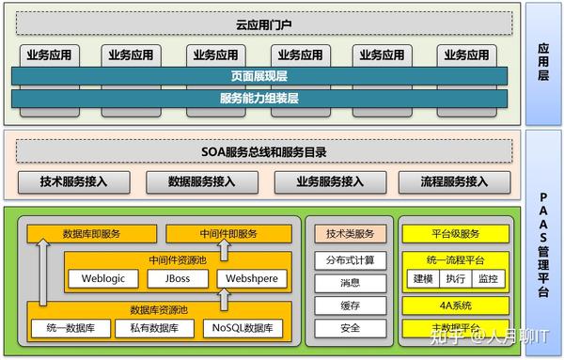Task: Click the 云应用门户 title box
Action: point(264,23)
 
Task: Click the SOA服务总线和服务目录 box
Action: point(264,150)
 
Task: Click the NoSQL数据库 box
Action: point(242,328)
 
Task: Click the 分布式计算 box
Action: point(350,259)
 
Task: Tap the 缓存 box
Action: point(350,305)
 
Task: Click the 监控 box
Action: point(487,278)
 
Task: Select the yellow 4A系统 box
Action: point(456,305)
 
